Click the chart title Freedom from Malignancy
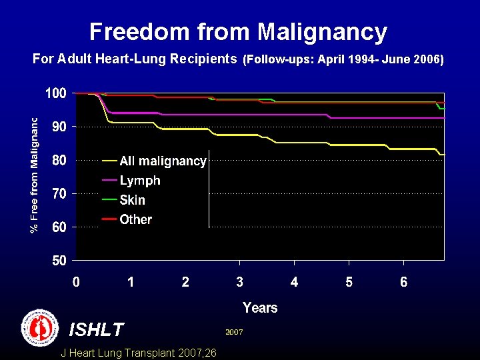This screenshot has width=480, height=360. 238,31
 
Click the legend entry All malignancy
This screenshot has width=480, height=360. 163,161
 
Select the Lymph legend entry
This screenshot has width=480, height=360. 140,180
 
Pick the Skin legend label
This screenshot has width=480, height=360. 132,199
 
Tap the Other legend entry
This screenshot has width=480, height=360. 135,219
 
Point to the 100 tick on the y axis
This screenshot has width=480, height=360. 55,93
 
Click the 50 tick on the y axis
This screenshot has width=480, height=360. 59,261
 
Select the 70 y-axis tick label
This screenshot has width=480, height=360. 59,194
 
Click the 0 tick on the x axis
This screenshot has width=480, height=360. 77,282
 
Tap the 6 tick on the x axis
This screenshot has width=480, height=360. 403,282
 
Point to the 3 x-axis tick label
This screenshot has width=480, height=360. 239,282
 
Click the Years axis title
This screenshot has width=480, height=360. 260,307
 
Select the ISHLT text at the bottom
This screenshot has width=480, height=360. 97,329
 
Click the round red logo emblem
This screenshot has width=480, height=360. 40,327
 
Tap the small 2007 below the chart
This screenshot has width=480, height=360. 234,331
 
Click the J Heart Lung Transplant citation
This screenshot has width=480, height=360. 138,353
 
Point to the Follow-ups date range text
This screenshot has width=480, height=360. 343,59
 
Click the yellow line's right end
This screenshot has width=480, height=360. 443,155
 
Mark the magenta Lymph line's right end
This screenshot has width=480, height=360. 443,118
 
